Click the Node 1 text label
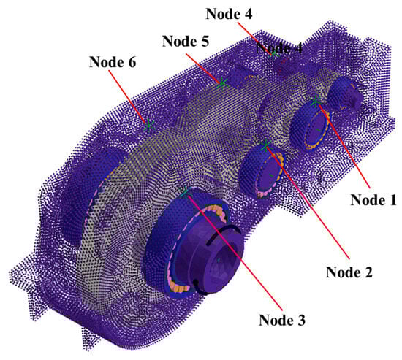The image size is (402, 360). pos(373,199)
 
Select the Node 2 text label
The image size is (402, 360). pos(349,272)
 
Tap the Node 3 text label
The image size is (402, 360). pos(282,320)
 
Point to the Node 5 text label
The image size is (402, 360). pos(186,41)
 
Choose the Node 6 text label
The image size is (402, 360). pos(113,62)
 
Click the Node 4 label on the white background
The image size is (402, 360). pos(229,14)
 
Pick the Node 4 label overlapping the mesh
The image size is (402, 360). pos(279,47)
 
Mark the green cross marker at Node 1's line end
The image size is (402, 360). pos(315,102)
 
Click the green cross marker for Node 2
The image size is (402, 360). pos(266,145)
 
